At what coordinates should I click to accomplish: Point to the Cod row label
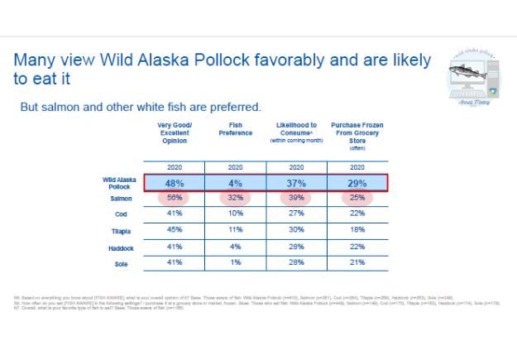pos(120,214)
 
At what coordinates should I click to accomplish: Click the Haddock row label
pos(116,248)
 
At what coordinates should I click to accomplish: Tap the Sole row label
pos(120,265)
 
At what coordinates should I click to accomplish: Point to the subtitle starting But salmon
pos(141,107)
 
